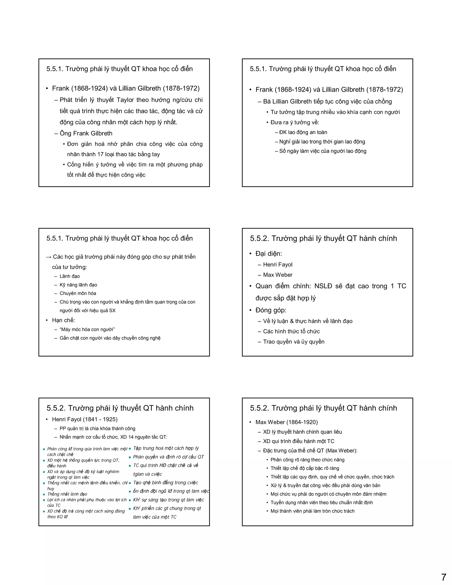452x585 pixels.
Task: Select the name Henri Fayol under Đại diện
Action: tap(277, 264)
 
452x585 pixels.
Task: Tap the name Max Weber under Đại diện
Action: tap(277, 275)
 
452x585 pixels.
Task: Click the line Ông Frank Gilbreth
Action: tap(86, 133)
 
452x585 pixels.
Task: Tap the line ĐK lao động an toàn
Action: tap(303, 132)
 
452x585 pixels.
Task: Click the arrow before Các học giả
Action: tap(49, 257)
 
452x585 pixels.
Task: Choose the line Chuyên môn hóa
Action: tap(78, 293)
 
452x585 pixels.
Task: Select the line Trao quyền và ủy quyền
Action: tap(294, 342)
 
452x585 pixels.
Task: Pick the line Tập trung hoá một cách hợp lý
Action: tap(166, 448)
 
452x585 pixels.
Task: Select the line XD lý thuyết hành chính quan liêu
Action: tap(302, 432)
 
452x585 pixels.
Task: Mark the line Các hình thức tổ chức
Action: tap(291, 331)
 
